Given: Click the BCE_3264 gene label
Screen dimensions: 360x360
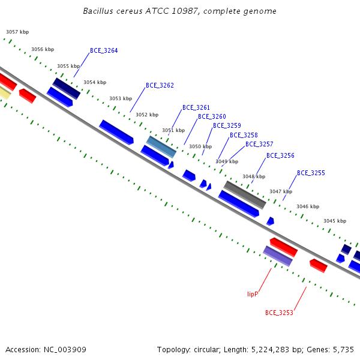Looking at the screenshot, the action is [x=104, y=50].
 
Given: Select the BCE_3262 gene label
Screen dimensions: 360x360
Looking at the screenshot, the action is [x=160, y=85].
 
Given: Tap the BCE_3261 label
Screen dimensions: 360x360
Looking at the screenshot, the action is [x=196, y=107].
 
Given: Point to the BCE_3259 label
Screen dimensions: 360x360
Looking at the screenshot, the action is [x=227, y=125].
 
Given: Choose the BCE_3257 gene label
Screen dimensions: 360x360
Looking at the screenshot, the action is [x=259, y=144].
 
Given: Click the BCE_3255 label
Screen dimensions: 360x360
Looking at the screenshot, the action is [x=311, y=173].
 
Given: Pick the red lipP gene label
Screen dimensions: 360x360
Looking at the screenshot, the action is [x=253, y=294].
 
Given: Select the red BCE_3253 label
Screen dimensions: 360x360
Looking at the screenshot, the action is [x=279, y=313].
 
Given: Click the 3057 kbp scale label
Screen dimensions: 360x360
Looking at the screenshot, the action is [x=17, y=32].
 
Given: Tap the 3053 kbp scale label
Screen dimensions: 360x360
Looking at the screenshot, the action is [x=121, y=98].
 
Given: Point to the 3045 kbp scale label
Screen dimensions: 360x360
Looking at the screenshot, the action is [x=335, y=221].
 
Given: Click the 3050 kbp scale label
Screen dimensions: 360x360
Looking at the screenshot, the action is [x=200, y=146].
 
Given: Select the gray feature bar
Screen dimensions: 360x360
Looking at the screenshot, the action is [x=245, y=195].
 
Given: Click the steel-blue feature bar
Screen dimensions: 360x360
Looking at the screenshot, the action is [x=161, y=147].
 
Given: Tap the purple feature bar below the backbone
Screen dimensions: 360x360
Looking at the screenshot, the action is [x=278, y=256].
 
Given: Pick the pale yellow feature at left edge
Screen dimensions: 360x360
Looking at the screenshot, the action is [x=5, y=93].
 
